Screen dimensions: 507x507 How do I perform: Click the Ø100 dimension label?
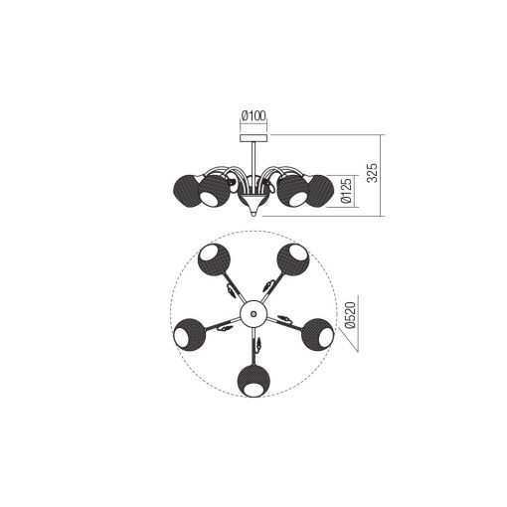pos(253,116)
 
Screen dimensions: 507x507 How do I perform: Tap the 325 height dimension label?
pos(373,173)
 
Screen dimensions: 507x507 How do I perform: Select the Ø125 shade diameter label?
pos(346,191)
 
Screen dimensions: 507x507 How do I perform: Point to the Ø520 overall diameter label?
pos(350,315)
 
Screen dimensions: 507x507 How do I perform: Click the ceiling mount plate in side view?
pos(253,138)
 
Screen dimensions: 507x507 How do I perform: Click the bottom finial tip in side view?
pos(253,214)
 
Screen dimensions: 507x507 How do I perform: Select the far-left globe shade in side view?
pos(186,191)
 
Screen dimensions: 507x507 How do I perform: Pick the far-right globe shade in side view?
pos(321,191)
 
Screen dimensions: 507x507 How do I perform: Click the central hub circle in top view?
pos(253,313)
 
